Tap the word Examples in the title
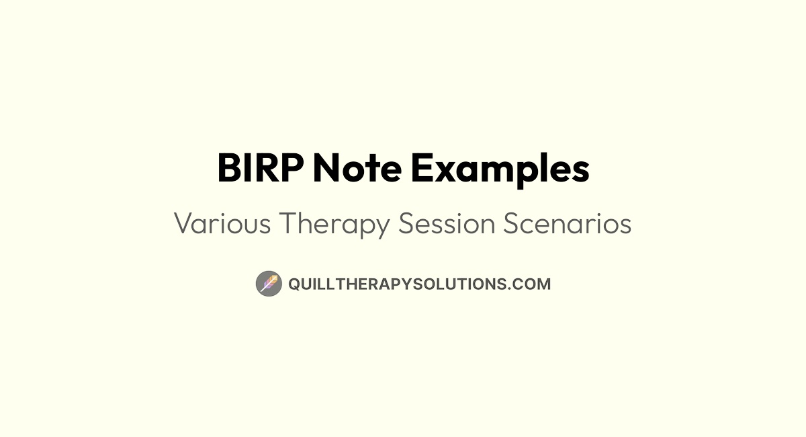[x=500, y=169]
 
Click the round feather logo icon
[x=269, y=284]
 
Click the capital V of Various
[x=183, y=224]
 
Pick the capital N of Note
[x=327, y=169]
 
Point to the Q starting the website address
[x=294, y=284]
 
